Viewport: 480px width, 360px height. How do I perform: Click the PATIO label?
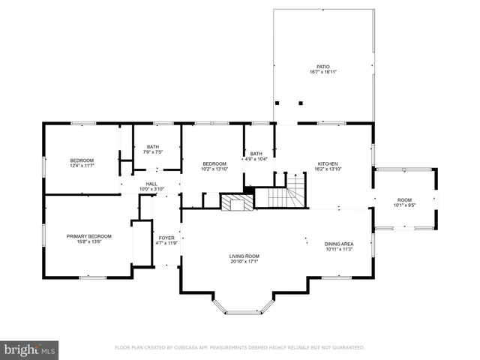(323, 67)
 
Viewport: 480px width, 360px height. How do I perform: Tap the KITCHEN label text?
(328, 163)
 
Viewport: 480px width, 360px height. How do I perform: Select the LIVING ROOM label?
(244, 256)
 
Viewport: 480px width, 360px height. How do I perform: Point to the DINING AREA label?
(338, 244)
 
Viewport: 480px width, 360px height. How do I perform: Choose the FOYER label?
(166, 238)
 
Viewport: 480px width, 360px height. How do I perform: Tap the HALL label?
(151, 184)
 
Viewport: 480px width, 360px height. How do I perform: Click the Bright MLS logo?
(29, 349)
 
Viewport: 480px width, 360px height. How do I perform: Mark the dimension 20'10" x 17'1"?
(244, 262)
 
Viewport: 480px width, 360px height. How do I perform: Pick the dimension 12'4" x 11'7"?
(82, 166)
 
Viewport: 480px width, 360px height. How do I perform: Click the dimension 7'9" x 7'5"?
(152, 152)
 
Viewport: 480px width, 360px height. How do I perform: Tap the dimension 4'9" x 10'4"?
(256, 159)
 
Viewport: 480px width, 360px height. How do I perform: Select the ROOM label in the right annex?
(404, 200)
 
